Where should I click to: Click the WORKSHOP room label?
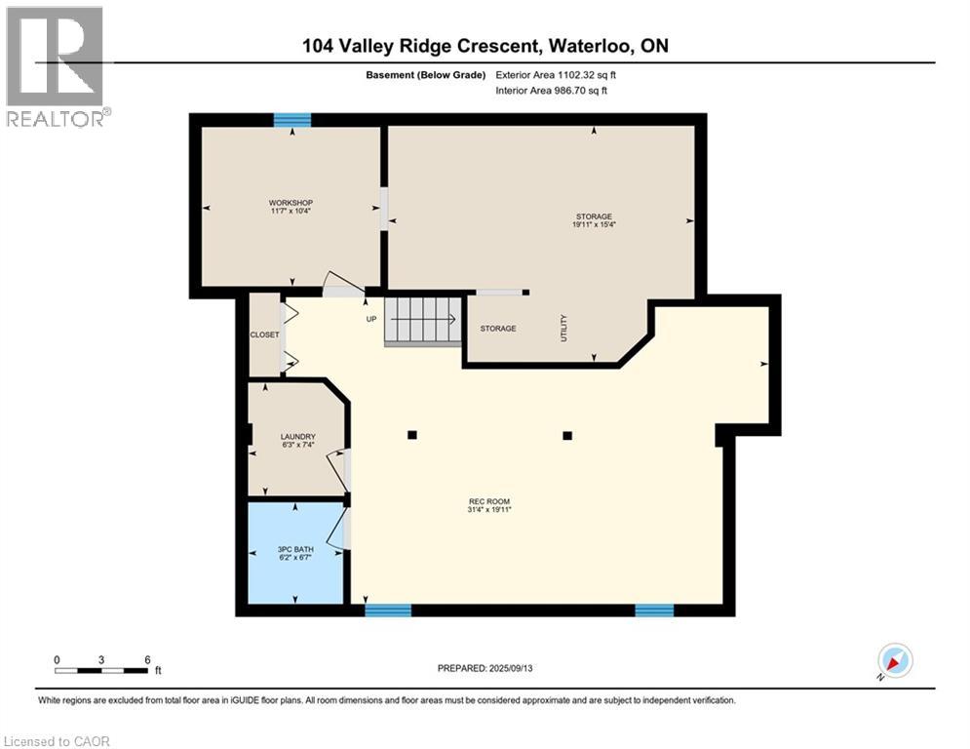[x=291, y=203]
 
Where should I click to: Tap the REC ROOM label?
[x=489, y=502]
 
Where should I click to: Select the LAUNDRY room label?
[x=297, y=437]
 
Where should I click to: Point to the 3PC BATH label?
[x=295, y=550]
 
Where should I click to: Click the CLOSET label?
[x=265, y=335]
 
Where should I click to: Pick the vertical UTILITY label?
[x=563, y=328]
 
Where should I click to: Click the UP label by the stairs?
[x=371, y=320]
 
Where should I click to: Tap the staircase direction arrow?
[x=423, y=320]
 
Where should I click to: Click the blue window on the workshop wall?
[x=292, y=119]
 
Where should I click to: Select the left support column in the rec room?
[x=412, y=435]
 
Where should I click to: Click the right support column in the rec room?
[x=567, y=436]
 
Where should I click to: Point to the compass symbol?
[x=896, y=660]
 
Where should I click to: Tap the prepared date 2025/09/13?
[x=511, y=668]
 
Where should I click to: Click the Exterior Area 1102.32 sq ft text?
[x=556, y=75]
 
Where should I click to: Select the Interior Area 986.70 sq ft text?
[x=551, y=91]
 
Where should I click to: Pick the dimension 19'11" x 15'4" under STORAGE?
[x=594, y=224]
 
